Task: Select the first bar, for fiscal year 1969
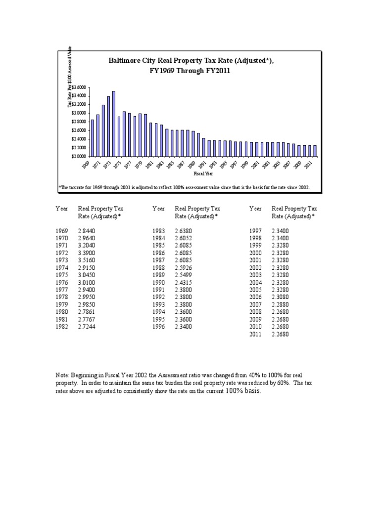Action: pos(92,138)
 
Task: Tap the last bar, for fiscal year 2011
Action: pos(315,150)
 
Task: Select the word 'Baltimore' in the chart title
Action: pos(126,60)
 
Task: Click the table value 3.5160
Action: pos(87,260)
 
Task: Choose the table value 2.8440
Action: pos(87,231)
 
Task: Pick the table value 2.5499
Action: pos(184,274)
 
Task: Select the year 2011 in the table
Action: pos(256,334)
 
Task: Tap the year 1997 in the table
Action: pos(256,231)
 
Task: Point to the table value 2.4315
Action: pos(184,282)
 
